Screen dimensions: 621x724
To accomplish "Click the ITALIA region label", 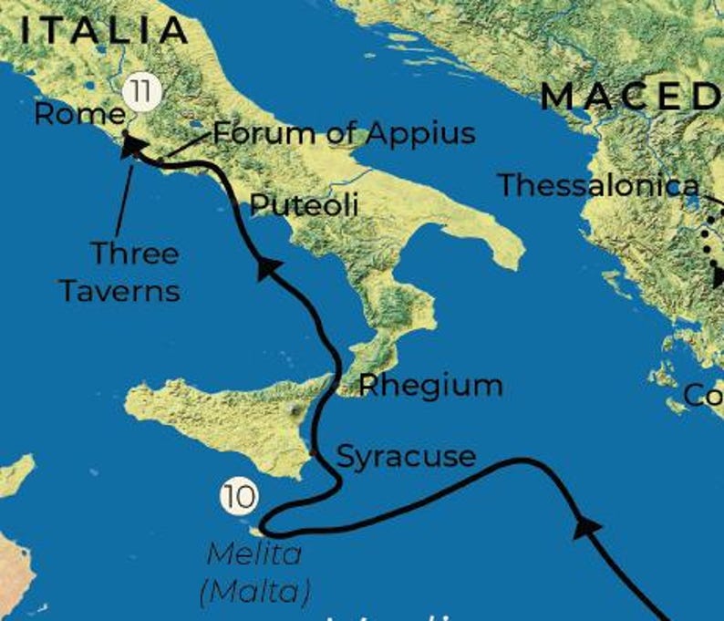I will coord(103,30).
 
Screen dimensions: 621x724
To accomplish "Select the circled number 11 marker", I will coord(139,91).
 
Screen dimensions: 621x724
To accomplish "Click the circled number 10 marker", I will coord(237,497).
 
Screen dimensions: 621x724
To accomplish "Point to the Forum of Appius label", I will coord(344,133).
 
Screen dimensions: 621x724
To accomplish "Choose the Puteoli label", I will coord(304,204).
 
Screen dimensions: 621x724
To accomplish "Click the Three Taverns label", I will coord(119,271).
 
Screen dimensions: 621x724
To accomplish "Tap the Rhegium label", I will coord(429,385).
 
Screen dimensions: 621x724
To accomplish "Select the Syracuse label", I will coord(406,455).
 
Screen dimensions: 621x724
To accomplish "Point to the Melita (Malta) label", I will coord(254,572).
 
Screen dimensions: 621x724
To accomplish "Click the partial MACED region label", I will coord(631,96).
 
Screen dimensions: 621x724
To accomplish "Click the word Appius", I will coord(420,133).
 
